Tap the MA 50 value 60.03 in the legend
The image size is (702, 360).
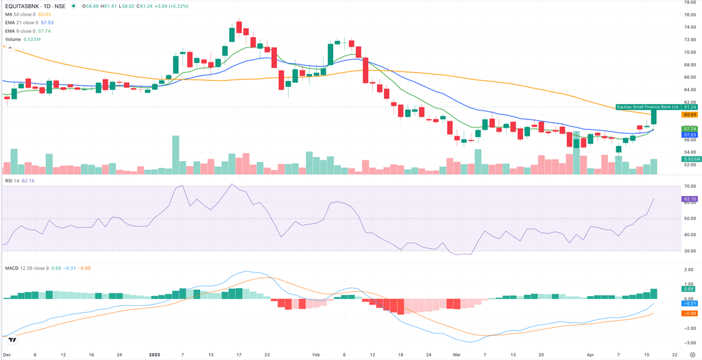click(45, 14)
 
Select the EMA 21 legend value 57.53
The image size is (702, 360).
click(47, 23)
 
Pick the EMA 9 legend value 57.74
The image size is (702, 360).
click(44, 31)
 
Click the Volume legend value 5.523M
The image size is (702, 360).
click(32, 39)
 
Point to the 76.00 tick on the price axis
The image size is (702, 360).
click(689, 14)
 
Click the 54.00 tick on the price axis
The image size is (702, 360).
click(689, 152)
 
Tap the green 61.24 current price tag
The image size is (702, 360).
click(690, 107)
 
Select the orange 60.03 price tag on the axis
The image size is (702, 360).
click(690, 115)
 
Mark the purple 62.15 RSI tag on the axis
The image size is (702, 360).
click(690, 199)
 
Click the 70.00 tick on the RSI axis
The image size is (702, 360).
click(689, 187)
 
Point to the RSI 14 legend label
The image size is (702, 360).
click(12, 180)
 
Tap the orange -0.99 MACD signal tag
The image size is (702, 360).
click(690, 313)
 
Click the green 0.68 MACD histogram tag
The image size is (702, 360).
click(690, 289)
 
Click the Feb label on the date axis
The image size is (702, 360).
click(316, 355)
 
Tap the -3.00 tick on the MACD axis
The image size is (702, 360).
click(689, 341)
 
